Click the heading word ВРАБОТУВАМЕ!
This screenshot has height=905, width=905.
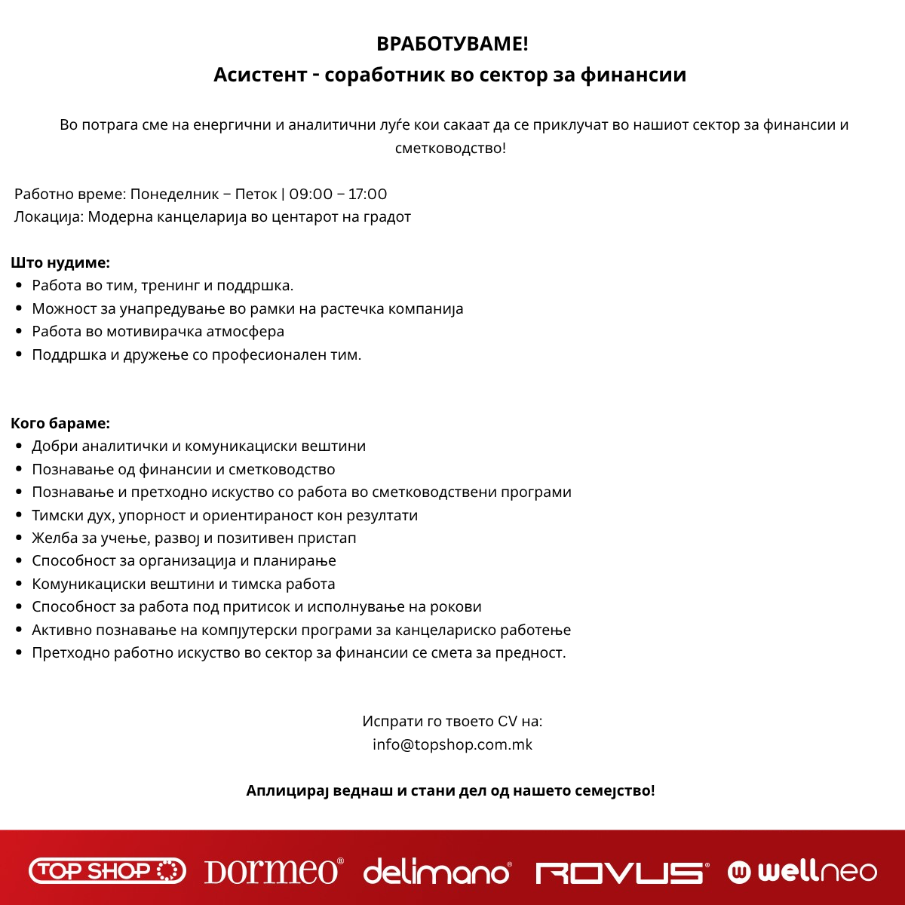click(x=452, y=44)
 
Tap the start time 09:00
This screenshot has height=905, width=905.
click(x=311, y=195)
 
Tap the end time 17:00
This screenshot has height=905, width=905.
click(x=367, y=195)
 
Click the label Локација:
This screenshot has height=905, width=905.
click(x=49, y=217)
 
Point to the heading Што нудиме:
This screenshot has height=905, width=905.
click(x=60, y=263)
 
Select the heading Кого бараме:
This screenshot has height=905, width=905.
click(x=60, y=423)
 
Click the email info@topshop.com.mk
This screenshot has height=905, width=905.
click(x=452, y=744)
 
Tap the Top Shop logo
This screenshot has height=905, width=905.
click(x=107, y=872)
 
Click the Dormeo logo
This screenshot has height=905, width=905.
click(x=274, y=872)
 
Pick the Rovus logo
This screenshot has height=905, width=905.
click(x=621, y=873)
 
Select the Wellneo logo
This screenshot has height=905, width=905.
click(x=802, y=872)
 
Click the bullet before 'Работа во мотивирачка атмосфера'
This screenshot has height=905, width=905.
click(x=19, y=332)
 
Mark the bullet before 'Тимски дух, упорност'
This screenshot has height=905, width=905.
click(x=19, y=516)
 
